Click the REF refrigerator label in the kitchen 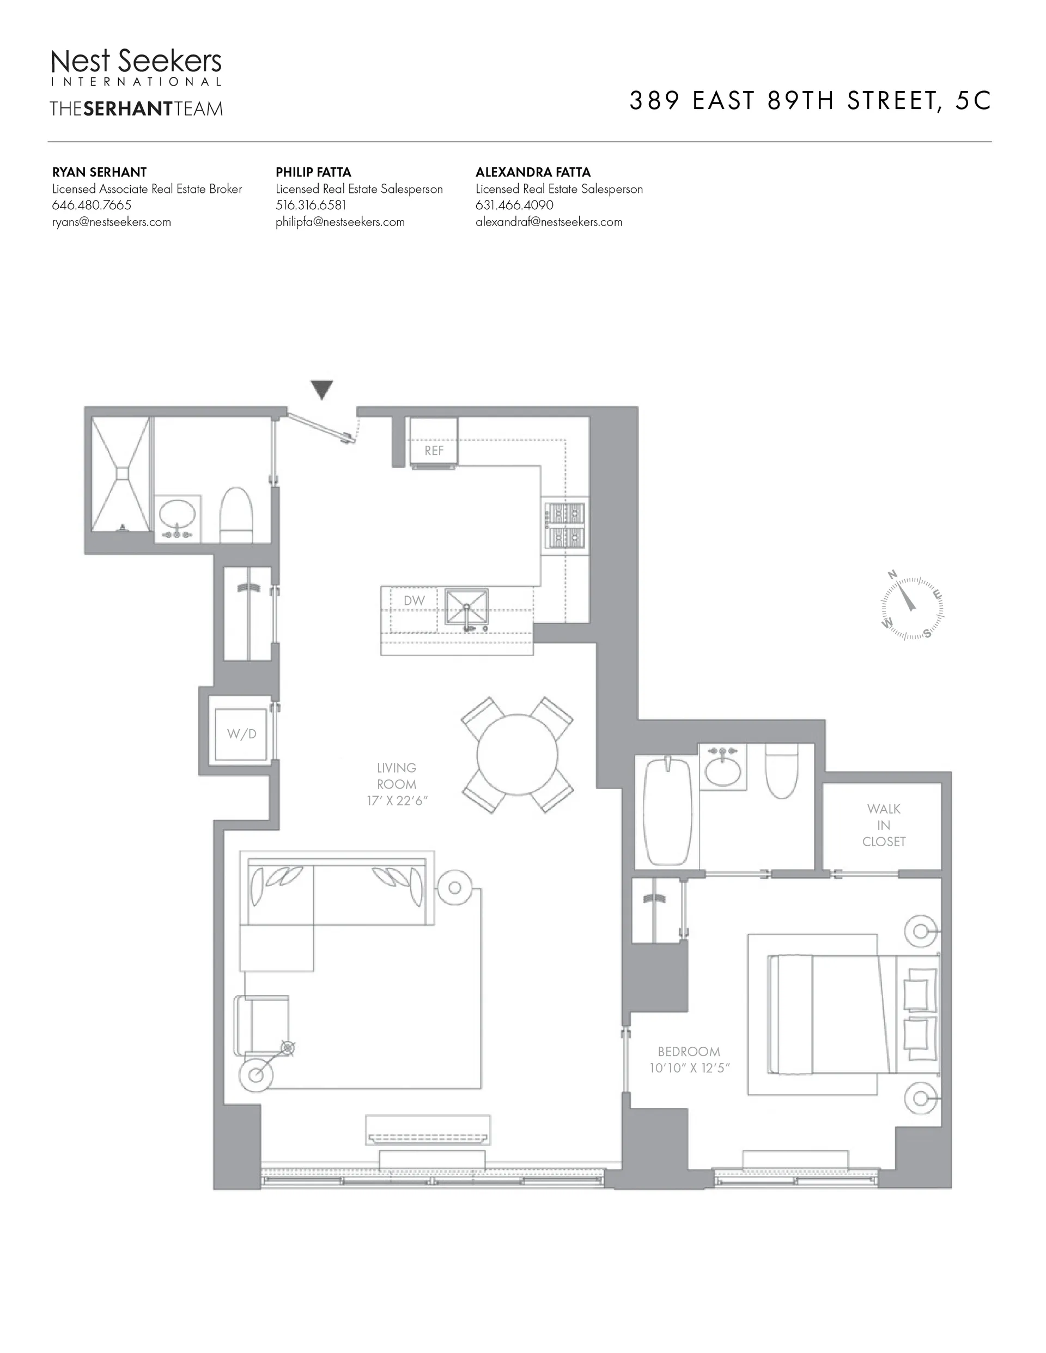click(434, 451)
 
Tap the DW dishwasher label click(413, 600)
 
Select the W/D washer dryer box click(241, 734)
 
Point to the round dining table click(517, 754)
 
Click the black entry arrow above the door click(322, 389)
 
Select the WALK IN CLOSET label click(884, 825)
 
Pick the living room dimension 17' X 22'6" click(397, 801)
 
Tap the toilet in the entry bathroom click(236, 515)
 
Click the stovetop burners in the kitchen click(565, 525)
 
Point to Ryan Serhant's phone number click(92, 205)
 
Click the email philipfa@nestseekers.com click(340, 222)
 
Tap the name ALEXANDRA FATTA click(533, 172)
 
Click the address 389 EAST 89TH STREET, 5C click(810, 101)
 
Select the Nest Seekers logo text click(136, 62)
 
